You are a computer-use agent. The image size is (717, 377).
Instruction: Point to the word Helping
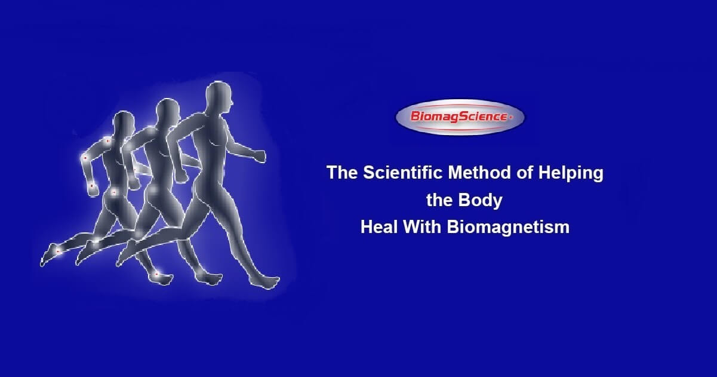click(x=571, y=174)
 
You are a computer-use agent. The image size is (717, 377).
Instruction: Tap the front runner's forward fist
click(x=259, y=155)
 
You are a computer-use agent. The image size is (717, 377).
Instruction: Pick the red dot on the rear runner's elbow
click(x=85, y=158)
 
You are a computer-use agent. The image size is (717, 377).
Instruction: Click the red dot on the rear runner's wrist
click(x=92, y=186)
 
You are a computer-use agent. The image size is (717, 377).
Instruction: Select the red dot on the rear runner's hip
click(x=113, y=192)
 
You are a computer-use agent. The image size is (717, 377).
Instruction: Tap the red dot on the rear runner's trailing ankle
click(x=58, y=252)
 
